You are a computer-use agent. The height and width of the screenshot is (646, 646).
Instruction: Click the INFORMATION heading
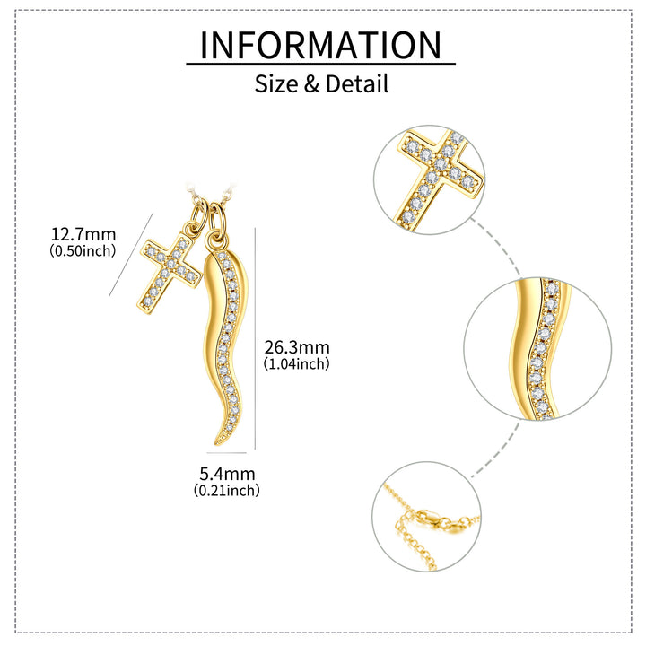(320, 45)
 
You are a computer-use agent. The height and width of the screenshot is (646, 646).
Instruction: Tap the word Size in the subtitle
(276, 83)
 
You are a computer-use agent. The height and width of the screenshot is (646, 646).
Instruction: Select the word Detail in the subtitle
(357, 83)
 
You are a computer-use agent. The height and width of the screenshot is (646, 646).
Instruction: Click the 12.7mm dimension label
(83, 234)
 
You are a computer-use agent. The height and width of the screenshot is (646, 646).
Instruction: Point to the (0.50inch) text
(83, 250)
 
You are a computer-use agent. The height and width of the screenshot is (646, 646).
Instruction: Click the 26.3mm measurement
(297, 347)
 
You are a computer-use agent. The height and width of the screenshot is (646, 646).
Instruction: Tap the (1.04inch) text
(297, 363)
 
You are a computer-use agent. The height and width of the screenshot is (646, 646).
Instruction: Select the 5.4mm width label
(227, 474)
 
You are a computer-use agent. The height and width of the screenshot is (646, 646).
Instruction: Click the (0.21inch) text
(227, 490)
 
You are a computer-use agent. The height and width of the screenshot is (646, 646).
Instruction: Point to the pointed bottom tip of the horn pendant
(216, 445)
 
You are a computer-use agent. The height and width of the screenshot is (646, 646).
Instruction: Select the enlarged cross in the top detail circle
(439, 177)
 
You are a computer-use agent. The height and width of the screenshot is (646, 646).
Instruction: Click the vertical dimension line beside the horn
(255, 338)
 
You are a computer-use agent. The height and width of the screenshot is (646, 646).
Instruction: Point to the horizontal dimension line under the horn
(227, 453)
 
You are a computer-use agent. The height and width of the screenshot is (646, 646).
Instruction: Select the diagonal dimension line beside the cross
(131, 255)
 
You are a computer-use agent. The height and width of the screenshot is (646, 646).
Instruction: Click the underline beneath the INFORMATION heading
(320, 64)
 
